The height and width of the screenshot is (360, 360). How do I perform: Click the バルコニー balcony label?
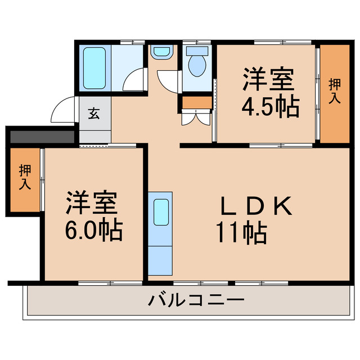click(x=196, y=300)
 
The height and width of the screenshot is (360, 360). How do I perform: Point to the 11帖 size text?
click(x=241, y=231)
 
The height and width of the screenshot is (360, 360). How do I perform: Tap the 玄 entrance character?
click(x=94, y=113)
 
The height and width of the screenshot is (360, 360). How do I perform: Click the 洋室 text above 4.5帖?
click(x=268, y=79)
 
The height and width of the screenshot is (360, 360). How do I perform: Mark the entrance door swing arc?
click(x=62, y=110)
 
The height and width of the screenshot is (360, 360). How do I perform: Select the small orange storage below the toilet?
click(x=196, y=103)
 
